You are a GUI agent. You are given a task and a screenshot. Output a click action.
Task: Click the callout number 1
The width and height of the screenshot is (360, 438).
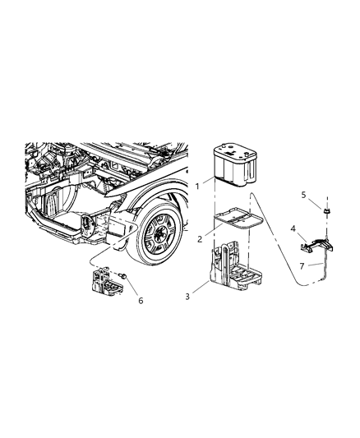[x=197, y=187]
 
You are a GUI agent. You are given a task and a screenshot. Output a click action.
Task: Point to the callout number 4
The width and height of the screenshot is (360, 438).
[x=292, y=228]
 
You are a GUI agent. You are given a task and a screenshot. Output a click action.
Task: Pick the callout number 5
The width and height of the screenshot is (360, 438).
[x=304, y=195]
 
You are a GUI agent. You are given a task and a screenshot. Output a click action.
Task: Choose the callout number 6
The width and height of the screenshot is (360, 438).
[x=141, y=301]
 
